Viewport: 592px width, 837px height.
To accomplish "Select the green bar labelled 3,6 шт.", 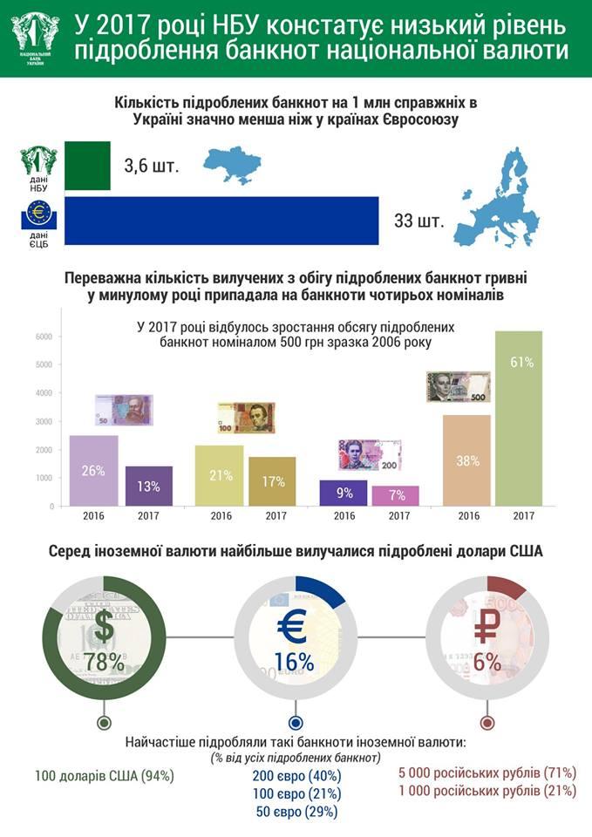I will click(x=87, y=166).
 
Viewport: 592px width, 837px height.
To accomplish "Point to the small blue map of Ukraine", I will click(x=233, y=162).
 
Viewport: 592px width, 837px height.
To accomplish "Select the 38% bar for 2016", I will click(x=467, y=459).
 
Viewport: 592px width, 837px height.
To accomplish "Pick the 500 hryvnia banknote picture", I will click(x=458, y=386).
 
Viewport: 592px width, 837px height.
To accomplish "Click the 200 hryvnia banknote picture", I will click(x=370, y=454).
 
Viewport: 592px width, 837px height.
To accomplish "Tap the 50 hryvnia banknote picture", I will click(x=123, y=410).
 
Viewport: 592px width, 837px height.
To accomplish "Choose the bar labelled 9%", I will click(x=344, y=493).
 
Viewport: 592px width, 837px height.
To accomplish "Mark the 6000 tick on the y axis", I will click(x=44, y=337).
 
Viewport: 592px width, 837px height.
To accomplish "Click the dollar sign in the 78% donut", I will click(x=104, y=625).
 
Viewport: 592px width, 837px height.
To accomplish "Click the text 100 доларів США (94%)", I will click(x=105, y=774).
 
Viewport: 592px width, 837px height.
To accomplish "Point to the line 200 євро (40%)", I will click(x=296, y=775).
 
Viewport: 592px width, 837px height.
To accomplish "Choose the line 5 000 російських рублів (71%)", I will click(x=487, y=772).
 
